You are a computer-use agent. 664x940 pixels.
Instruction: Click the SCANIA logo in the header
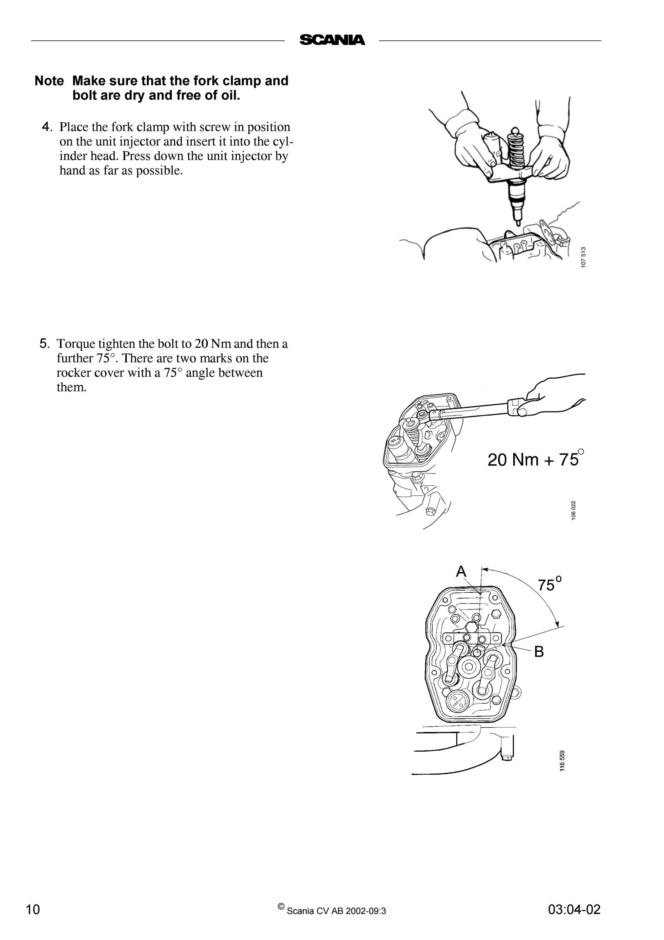click(332, 40)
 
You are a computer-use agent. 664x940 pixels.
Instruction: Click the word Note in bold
click(49, 81)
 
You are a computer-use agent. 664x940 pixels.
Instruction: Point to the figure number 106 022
click(573, 510)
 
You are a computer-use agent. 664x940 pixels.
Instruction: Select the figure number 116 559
click(563, 761)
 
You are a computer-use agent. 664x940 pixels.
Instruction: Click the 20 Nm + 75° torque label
click(536, 458)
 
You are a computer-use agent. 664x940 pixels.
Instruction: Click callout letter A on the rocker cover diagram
click(461, 571)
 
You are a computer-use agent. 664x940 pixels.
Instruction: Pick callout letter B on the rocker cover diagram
click(539, 651)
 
